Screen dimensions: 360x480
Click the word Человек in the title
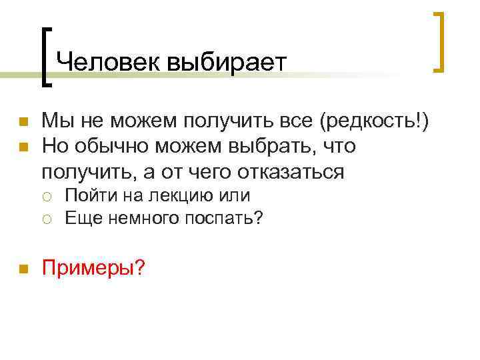[108, 62]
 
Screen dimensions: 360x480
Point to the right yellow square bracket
[439, 41]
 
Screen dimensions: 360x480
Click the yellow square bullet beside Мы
[23, 123]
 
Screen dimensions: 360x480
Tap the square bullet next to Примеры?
[23, 269]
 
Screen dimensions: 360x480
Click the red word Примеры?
[93, 268]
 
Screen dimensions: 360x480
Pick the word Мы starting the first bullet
[57, 122]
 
